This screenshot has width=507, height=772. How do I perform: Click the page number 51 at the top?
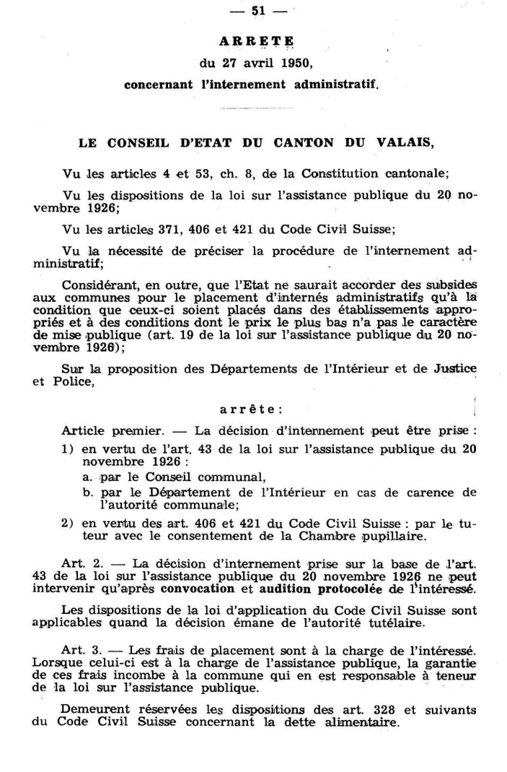(x=255, y=10)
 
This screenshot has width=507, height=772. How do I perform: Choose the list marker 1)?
(x=69, y=448)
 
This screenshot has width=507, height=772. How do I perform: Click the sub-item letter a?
(x=85, y=477)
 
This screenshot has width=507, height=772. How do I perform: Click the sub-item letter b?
(x=86, y=493)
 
